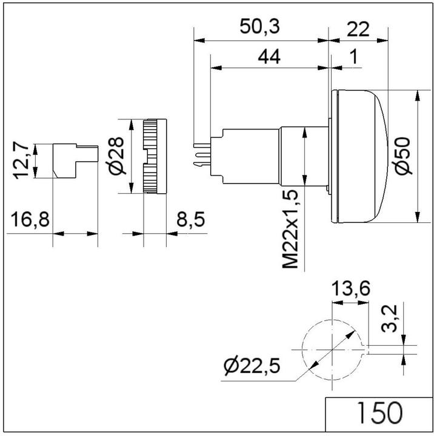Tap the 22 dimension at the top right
[x=357, y=27]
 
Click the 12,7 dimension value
[x=22, y=161]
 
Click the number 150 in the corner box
[x=378, y=414]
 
